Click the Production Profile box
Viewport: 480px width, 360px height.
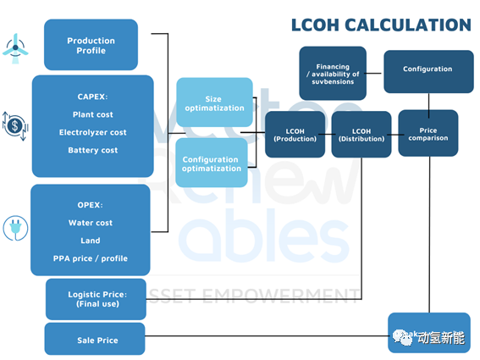click(x=91, y=45)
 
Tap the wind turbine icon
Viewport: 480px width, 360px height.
click(x=15, y=48)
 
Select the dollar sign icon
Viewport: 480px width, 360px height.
click(x=15, y=126)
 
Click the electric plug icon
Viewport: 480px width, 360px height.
click(x=15, y=228)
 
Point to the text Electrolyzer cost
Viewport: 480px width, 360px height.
click(x=93, y=132)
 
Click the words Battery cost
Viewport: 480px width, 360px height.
click(x=93, y=150)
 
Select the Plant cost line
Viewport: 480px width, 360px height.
click(x=93, y=114)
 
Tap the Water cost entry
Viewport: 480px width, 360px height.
click(x=91, y=223)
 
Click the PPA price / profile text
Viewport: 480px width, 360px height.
click(x=91, y=258)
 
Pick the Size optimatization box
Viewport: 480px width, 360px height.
click(x=214, y=102)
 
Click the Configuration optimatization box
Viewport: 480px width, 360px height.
click(x=212, y=163)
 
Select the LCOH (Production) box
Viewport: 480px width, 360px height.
click(x=295, y=135)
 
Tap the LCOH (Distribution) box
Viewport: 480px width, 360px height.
click(x=361, y=135)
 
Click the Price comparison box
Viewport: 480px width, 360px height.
click(x=428, y=133)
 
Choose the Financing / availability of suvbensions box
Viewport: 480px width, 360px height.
click(x=333, y=73)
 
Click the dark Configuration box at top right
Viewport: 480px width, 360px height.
click(x=428, y=72)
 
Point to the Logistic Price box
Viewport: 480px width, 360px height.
click(x=96, y=299)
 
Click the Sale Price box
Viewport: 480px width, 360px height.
click(x=95, y=339)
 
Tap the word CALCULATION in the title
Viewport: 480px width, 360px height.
click(x=408, y=25)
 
